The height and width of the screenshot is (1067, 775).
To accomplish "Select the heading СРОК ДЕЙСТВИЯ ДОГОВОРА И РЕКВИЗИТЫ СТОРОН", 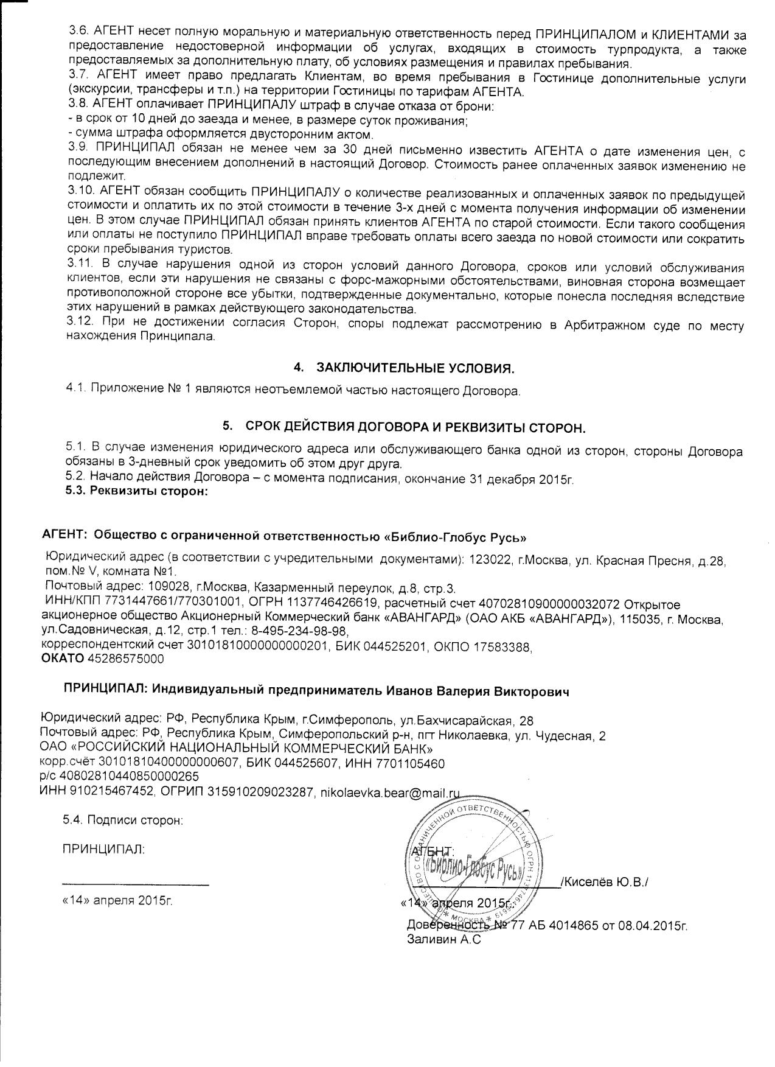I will [x=415, y=427].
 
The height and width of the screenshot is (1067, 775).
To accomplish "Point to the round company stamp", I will [x=466, y=864].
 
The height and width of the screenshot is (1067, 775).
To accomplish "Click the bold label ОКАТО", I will [x=63, y=659].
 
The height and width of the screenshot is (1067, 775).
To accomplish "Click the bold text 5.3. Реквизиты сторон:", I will [x=137, y=492].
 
